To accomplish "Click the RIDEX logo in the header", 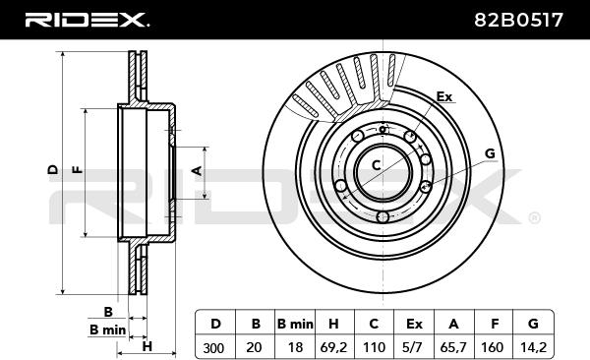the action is (x=87, y=20).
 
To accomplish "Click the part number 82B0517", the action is (x=518, y=20).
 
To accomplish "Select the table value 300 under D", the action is (x=213, y=347).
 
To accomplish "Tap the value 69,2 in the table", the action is (x=333, y=347).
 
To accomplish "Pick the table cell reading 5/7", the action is (x=413, y=347).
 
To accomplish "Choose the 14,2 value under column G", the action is (x=533, y=347).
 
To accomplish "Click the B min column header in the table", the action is (x=295, y=324).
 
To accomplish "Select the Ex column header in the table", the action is (x=414, y=324).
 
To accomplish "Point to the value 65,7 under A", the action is (x=453, y=347).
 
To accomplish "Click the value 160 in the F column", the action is (x=493, y=347).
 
